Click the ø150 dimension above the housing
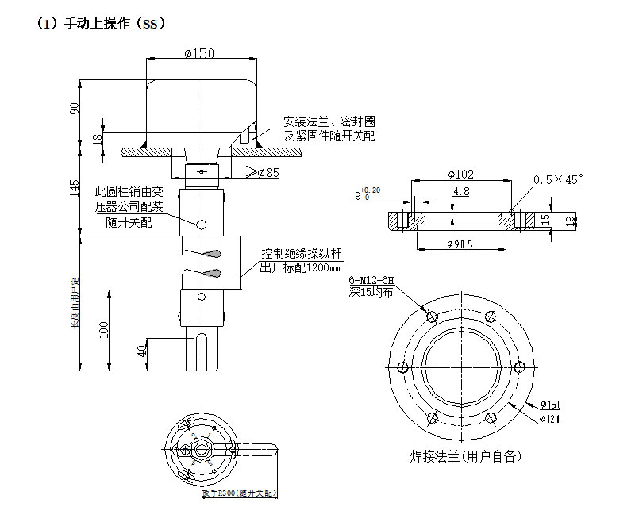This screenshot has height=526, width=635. click(x=200, y=53)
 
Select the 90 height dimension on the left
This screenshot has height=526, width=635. click(x=75, y=109)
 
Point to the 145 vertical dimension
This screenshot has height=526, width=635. click(x=75, y=188)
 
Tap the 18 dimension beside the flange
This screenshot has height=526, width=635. click(x=98, y=139)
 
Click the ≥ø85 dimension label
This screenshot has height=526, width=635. click(x=262, y=173)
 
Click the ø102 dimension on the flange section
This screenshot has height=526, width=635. click(x=461, y=174)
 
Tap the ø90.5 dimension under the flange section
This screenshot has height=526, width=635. click(x=461, y=244)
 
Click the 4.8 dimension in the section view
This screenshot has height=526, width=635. click(x=460, y=192)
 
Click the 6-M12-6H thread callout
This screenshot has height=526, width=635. click(x=370, y=281)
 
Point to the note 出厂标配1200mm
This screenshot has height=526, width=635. click(x=301, y=267)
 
